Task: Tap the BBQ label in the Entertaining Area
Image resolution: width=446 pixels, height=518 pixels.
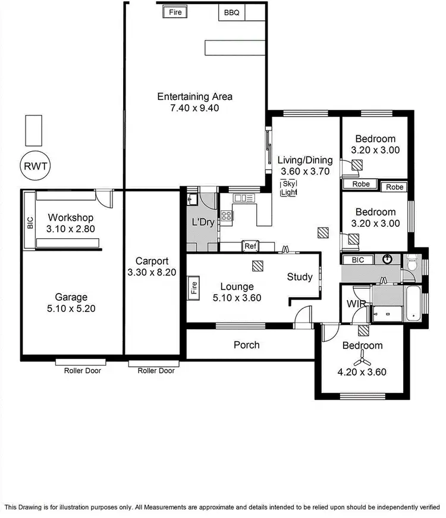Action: (x=232, y=12)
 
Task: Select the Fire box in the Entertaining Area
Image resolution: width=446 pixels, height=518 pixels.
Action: (x=175, y=12)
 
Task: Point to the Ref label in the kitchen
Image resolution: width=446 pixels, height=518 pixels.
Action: (x=250, y=245)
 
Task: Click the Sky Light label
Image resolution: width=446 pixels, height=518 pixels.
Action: (x=289, y=188)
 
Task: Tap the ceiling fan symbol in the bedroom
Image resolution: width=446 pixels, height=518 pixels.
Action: (x=362, y=358)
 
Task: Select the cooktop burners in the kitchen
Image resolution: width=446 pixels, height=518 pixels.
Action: (x=227, y=216)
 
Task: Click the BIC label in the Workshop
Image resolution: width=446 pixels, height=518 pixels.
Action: (x=30, y=223)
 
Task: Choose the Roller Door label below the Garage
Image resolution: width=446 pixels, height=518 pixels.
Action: (x=83, y=370)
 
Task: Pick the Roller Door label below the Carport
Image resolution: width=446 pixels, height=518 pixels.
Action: (x=156, y=370)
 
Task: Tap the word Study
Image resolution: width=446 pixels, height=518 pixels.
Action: (x=299, y=277)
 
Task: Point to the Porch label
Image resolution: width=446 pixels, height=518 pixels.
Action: (x=246, y=345)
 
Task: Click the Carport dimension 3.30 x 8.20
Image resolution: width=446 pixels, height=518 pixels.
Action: (x=152, y=273)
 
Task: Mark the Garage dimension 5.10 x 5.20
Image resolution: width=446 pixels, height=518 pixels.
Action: (x=71, y=308)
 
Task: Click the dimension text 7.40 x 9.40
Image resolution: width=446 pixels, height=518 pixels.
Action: (x=194, y=108)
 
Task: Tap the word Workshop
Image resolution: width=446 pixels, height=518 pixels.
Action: (x=71, y=217)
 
